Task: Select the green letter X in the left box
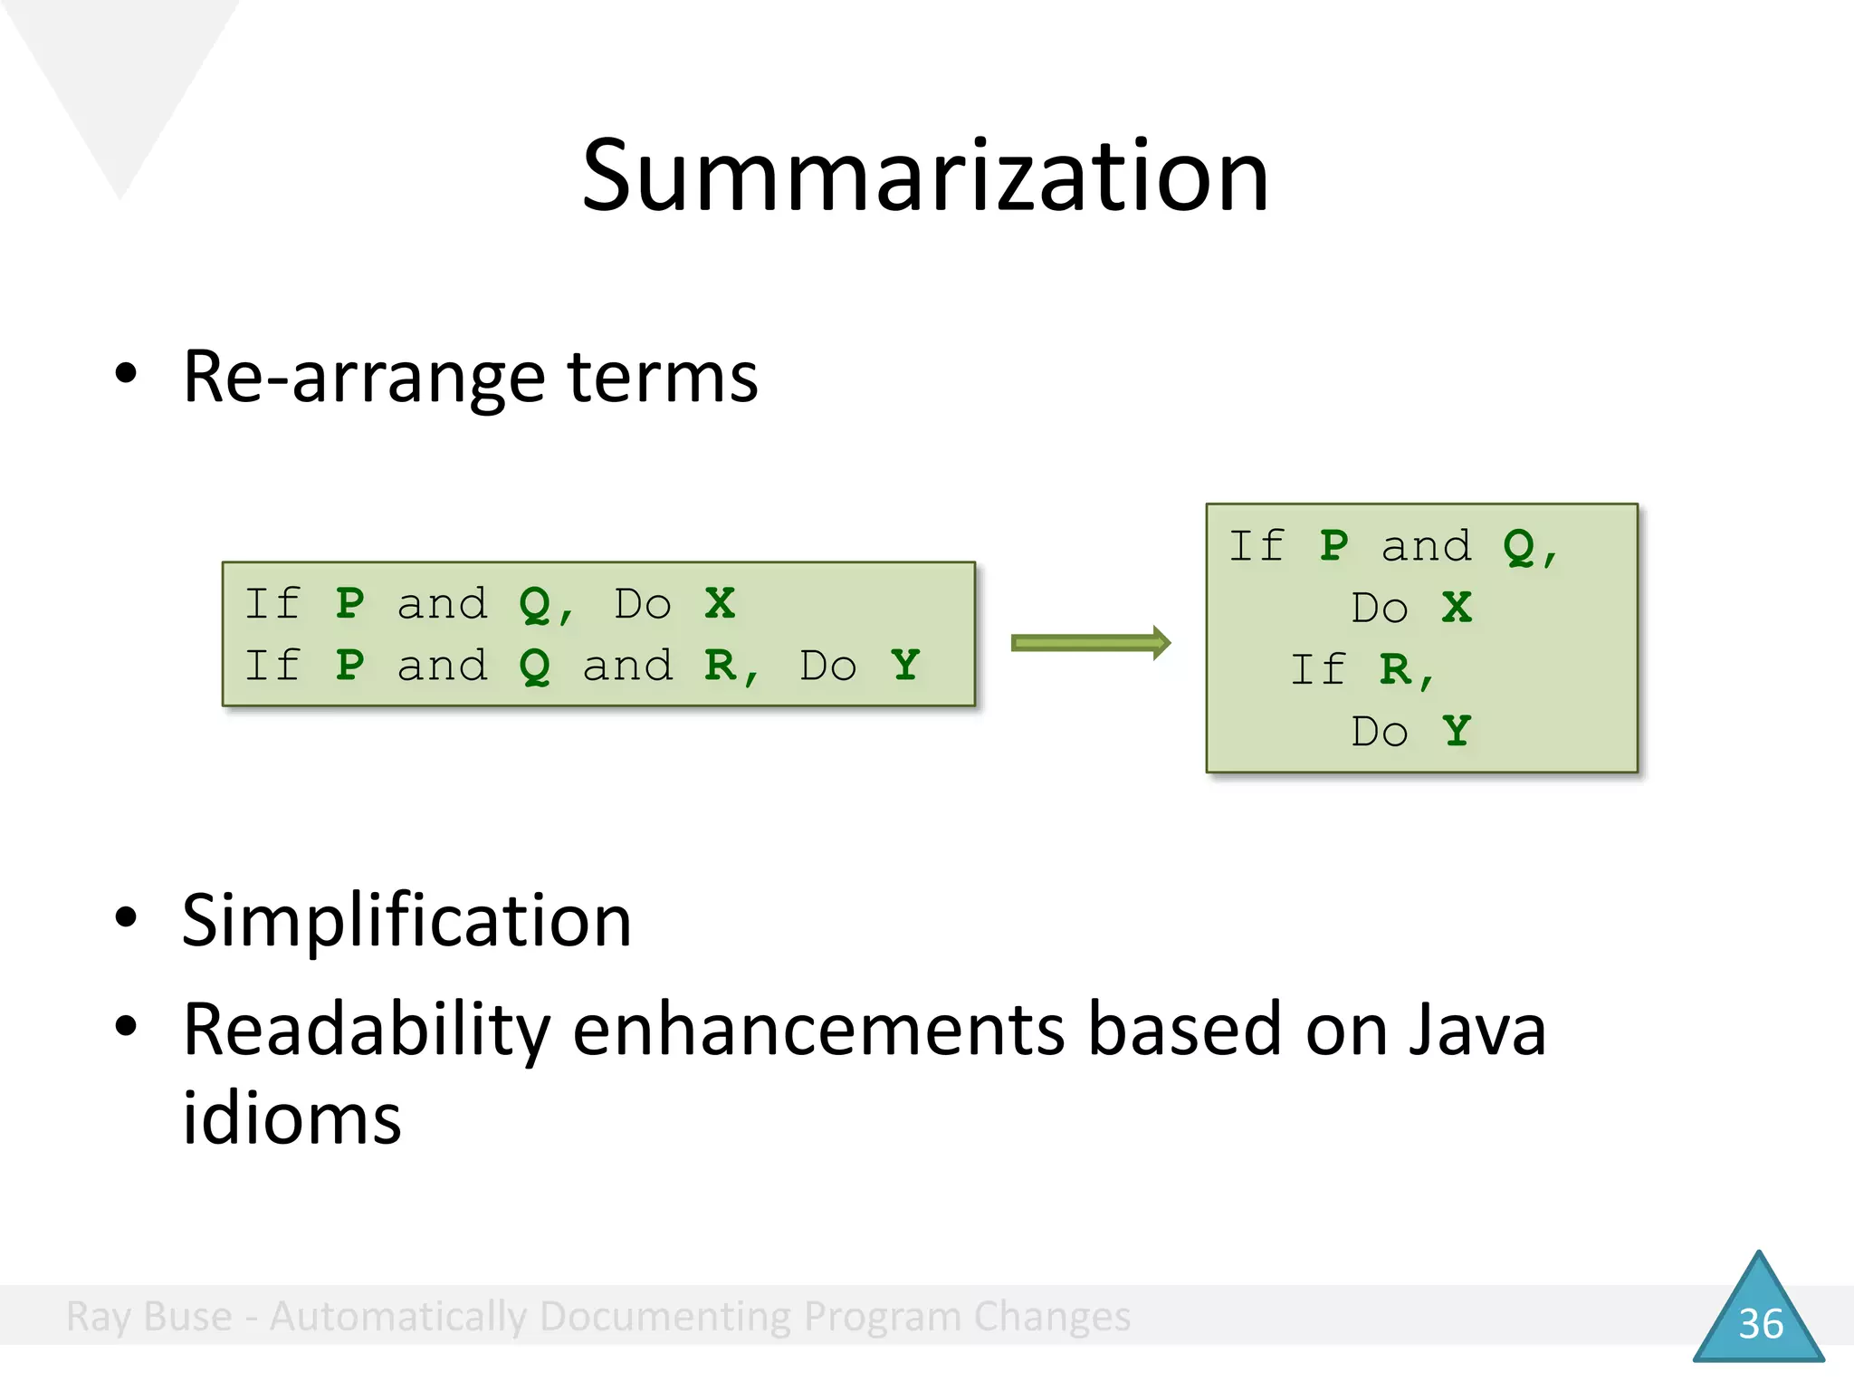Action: point(721,603)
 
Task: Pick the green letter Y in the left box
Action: point(905,665)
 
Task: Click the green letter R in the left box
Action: point(721,665)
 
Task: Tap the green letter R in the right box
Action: point(1395,670)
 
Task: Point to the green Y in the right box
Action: point(1457,730)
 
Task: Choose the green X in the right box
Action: point(1457,607)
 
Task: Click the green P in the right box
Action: point(1333,545)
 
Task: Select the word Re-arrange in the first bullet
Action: point(363,378)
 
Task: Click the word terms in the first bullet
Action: point(663,378)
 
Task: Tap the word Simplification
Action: point(406,920)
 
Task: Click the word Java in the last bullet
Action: point(1477,1030)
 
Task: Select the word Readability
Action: point(367,1030)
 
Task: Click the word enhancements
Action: point(818,1030)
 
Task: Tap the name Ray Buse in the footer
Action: point(149,1316)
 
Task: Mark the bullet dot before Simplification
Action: point(126,917)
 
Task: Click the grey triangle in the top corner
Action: point(119,82)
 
